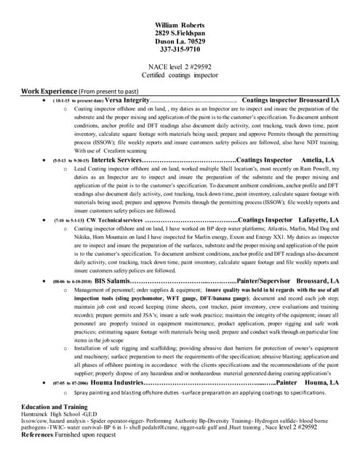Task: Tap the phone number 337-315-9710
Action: (x=180, y=50)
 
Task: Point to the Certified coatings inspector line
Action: (x=180, y=73)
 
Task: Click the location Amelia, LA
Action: (x=317, y=159)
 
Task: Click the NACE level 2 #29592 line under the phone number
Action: (x=180, y=65)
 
